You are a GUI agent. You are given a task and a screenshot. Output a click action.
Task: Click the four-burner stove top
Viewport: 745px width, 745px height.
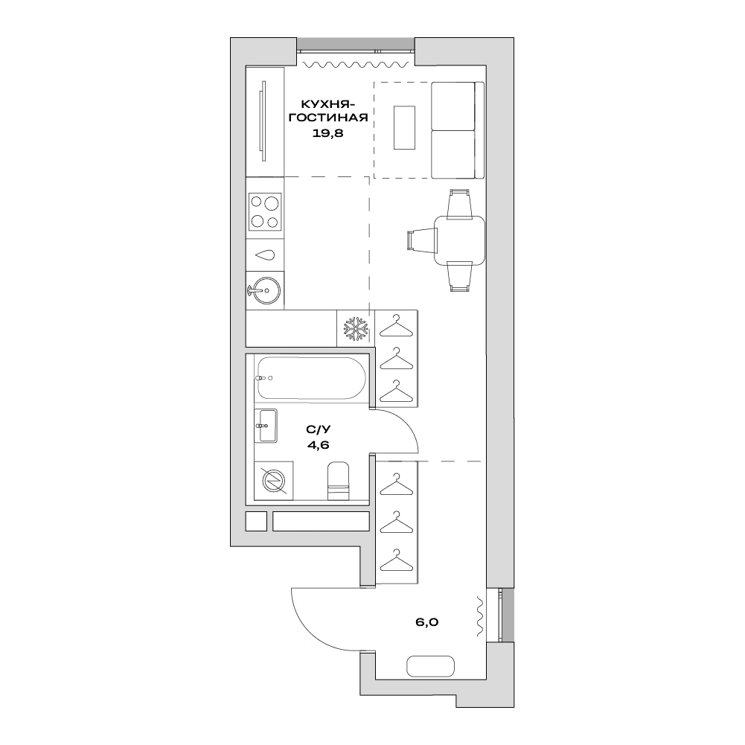(x=265, y=211)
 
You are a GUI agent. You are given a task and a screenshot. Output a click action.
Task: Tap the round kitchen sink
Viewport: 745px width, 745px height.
(x=264, y=290)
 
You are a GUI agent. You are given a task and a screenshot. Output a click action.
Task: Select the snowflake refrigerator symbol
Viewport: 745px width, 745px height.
(x=356, y=328)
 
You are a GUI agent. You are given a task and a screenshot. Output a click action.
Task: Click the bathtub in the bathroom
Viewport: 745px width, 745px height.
(x=311, y=378)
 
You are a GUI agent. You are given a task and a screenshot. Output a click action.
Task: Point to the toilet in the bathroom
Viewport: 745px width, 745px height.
(x=339, y=480)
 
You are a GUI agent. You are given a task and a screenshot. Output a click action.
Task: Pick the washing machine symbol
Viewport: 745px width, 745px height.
(x=274, y=481)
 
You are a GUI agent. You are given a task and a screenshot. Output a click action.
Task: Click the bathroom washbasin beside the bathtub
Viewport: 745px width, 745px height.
(x=266, y=426)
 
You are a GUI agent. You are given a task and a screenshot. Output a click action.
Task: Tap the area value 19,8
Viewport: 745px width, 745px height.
(x=327, y=133)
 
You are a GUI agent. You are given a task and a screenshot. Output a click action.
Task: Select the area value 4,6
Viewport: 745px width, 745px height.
(x=319, y=445)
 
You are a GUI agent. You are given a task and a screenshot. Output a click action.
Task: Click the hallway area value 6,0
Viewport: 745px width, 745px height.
(x=427, y=622)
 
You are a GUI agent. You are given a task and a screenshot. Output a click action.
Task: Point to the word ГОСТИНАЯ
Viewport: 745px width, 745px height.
(x=328, y=118)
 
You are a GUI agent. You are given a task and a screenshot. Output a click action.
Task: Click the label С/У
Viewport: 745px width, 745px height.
(x=319, y=429)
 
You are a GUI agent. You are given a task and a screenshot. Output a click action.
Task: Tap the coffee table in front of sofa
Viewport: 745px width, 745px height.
(x=404, y=127)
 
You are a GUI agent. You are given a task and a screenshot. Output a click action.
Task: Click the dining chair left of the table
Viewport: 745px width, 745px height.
(x=422, y=240)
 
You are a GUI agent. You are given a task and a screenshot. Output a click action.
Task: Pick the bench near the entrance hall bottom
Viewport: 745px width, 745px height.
(x=430, y=667)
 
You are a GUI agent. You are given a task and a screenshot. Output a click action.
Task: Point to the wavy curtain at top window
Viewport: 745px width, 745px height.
(x=356, y=64)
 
